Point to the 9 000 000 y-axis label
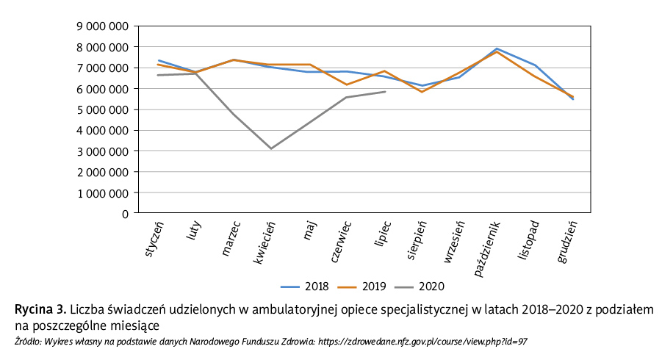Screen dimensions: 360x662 tap(102, 26)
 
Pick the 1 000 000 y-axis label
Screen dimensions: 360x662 tap(102, 193)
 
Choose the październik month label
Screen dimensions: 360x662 tap(488, 246)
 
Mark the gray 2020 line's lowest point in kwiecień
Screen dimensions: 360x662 tap(271, 148)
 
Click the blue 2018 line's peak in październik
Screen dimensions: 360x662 tap(497, 48)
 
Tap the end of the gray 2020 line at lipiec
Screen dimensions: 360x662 tap(385, 92)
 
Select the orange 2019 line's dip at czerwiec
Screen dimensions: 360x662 tap(347, 84)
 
